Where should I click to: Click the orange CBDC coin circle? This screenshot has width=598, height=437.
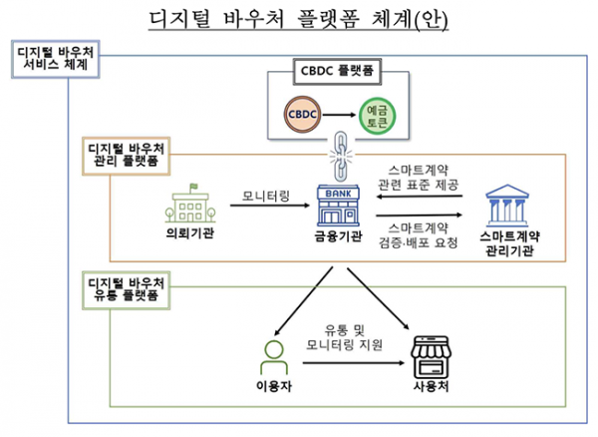302,115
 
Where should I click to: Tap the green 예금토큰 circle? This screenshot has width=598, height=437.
377,116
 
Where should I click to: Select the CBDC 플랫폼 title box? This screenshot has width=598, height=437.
337,72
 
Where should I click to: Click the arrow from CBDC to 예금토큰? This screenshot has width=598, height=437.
339,115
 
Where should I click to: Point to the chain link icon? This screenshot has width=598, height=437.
340,156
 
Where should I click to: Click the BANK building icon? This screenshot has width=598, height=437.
338,207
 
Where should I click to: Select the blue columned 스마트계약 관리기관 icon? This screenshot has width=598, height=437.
507,206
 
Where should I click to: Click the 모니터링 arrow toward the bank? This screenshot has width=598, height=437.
270,206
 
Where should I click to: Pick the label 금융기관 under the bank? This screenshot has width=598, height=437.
338,236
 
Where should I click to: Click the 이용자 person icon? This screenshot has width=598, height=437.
274,357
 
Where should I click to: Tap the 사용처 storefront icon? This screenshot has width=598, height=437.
431,357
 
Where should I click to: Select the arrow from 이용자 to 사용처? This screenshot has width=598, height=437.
354,363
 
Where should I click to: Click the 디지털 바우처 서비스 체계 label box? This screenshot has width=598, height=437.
56,59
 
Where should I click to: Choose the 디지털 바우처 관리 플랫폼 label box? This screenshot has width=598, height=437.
127,156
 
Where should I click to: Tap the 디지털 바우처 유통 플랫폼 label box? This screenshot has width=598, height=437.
127,290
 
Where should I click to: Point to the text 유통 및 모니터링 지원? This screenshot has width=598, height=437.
345,338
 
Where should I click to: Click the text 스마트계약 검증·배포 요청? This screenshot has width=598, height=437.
418,235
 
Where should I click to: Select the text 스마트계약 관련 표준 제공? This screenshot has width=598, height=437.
418,178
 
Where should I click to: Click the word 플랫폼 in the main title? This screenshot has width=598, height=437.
328,19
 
